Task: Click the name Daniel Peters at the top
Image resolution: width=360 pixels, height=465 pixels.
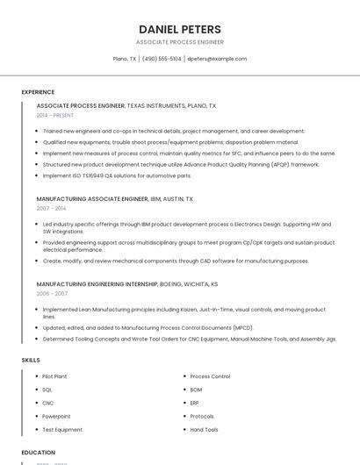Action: [x=180, y=29]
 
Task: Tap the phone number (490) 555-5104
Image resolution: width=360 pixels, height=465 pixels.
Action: [x=162, y=59]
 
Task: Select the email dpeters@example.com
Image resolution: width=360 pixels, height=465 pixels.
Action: [x=217, y=59]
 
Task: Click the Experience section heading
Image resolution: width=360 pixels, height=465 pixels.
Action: [x=38, y=91]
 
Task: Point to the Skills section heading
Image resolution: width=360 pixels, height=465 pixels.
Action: [x=31, y=360]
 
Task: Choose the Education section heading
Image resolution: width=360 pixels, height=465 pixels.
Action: [x=39, y=452]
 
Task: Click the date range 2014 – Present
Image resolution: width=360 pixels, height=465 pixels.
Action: [x=55, y=115]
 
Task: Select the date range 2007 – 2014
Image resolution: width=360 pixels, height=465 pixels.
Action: [x=51, y=208]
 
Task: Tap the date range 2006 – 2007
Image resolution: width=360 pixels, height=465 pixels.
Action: [x=52, y=294]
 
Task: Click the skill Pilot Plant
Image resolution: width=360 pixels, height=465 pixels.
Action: [x=54, y=376]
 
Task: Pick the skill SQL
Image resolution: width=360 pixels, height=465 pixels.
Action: [x=47, y=390]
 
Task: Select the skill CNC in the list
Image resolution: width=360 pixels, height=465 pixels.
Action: [x=48, y=403]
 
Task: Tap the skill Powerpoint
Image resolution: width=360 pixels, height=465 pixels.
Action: [x=56, y=416]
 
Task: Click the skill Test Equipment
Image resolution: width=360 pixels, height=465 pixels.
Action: [x=62, y=430]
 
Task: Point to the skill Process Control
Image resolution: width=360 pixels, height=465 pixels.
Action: [x=210, y=376]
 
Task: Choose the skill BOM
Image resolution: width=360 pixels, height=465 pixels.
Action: [x=196, y=390]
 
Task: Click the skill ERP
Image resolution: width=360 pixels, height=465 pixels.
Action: [x=195, y=403]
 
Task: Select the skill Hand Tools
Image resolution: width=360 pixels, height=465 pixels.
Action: [x=204, y=430]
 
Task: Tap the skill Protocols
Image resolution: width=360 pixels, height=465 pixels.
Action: [x=202, y=416]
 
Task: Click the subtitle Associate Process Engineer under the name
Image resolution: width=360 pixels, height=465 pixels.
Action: [x=180, y=42]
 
